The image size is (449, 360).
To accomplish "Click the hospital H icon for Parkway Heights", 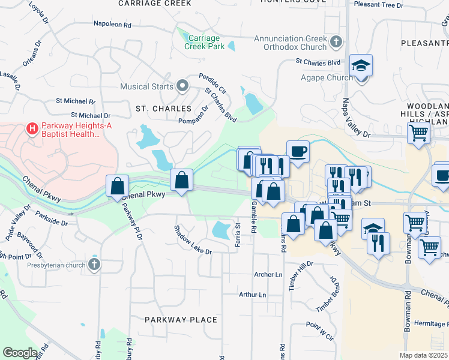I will [x=31, y=127].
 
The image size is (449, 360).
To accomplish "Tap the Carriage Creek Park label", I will [x=204, y=41].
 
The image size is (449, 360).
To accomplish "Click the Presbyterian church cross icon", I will [x=94, y=265].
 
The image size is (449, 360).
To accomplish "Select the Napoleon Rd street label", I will [x=112, y=25].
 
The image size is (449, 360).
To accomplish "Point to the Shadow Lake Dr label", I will [x=193, y=240].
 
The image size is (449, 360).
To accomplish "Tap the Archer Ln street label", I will [x=268, y=274].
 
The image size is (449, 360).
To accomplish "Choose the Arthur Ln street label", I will [x=252, y=295].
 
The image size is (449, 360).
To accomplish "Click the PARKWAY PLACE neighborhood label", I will [x=181, y=320].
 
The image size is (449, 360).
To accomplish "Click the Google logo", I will [x=20, y=352].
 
